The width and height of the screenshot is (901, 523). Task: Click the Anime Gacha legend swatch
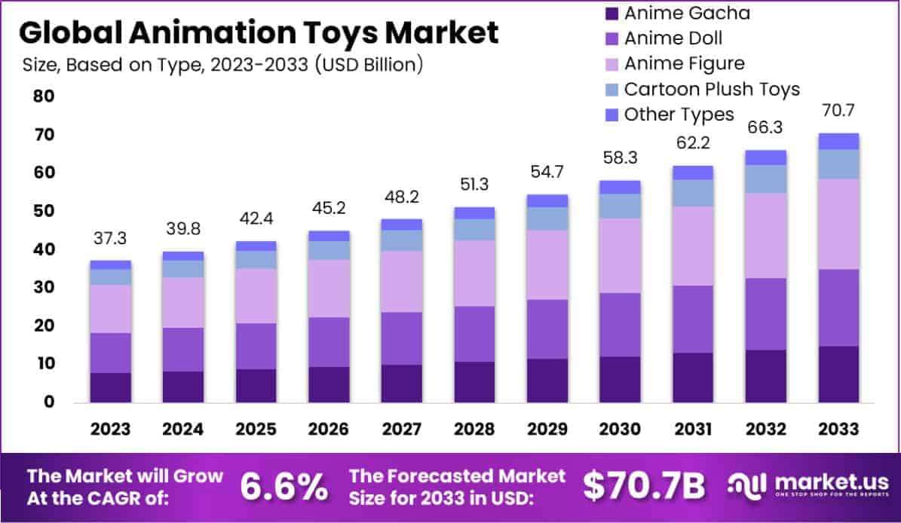tap(611, 13)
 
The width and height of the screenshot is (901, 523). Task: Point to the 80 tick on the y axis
tap(44, 96)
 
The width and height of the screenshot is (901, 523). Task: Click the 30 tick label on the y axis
tap(44, 288)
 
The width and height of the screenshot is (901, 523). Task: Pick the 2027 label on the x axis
tap(402, 429)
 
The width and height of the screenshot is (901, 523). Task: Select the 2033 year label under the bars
tap(838, 429)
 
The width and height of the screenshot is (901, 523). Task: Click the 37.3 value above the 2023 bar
tap(111, 239)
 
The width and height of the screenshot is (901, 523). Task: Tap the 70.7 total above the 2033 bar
tap(838, 112)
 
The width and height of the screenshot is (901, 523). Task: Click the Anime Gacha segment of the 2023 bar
tap(111, 387)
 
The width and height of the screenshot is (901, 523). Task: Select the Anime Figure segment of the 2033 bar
tap(838, 224)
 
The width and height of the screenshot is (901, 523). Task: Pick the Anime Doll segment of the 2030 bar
tap(621, 325)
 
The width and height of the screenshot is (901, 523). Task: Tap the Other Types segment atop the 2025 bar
tap(256, 246)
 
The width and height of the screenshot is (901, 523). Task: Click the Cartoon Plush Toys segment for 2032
tap(766, 179)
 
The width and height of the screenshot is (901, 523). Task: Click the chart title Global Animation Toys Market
tap(258, 33)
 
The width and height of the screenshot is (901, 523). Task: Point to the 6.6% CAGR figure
tap(284, 487)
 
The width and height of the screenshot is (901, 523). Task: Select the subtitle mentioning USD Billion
tap(223, 65)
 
